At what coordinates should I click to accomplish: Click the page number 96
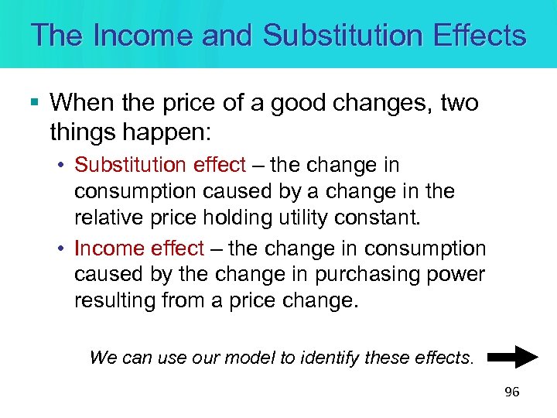point(511,392)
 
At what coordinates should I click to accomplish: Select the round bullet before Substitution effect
point(61,166)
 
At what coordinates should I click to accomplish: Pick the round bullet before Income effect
point(61,249)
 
